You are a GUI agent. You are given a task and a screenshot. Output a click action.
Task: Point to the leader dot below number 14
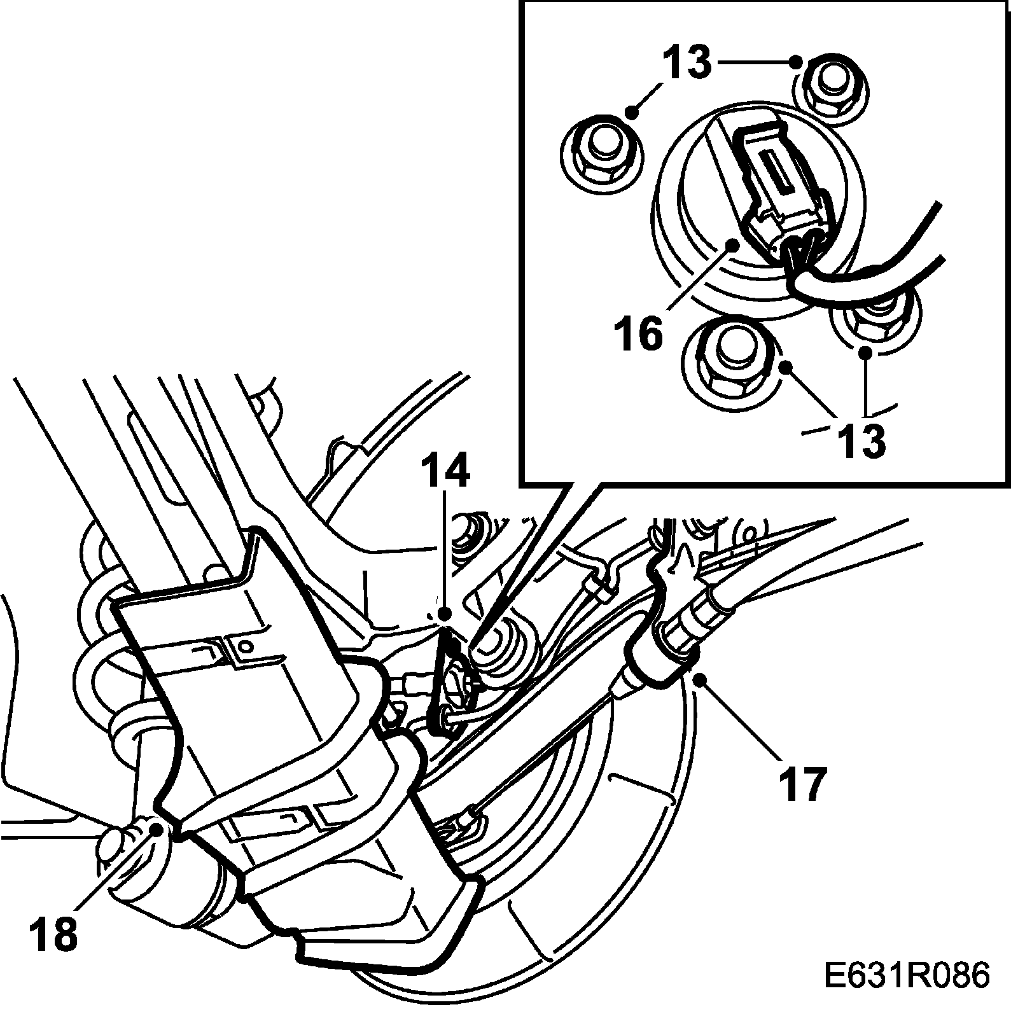[x=445, y=613]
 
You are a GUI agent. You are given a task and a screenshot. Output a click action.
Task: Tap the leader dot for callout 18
[x=155, y=828]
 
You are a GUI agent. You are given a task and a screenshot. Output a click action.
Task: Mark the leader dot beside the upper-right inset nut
[x=795, y=62]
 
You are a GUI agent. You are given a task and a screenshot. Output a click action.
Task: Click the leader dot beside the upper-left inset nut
[x=632, y=113]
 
